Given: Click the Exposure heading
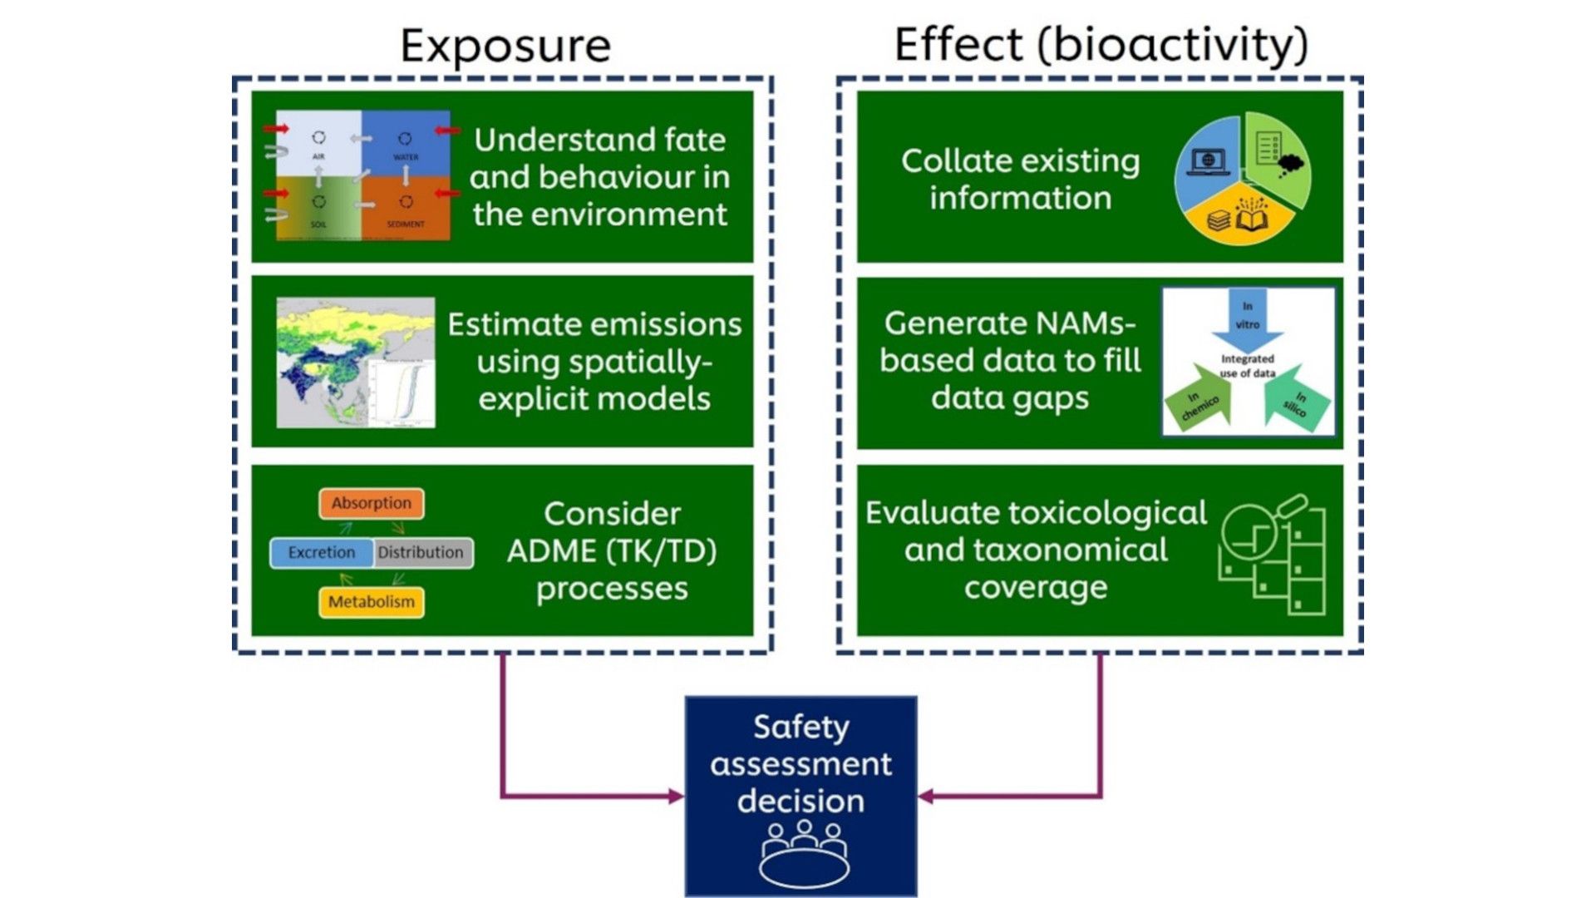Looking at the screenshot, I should coord(505,45).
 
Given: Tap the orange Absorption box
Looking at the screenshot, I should coord(371,503).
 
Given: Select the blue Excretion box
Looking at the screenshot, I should coord(321,552).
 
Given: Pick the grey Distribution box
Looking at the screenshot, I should coord(421,552).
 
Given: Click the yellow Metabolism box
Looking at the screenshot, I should coord(371,601).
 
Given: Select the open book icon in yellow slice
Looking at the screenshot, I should coord(1252,217).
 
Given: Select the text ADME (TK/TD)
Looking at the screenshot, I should coord(611,550).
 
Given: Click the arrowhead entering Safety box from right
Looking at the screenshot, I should coord(925,797).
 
